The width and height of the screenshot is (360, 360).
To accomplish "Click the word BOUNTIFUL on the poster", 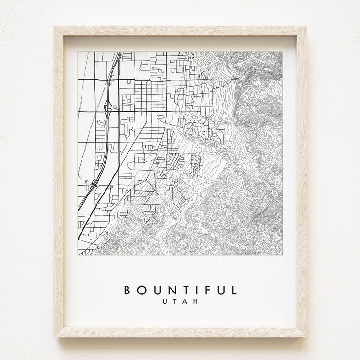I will (180, 291).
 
